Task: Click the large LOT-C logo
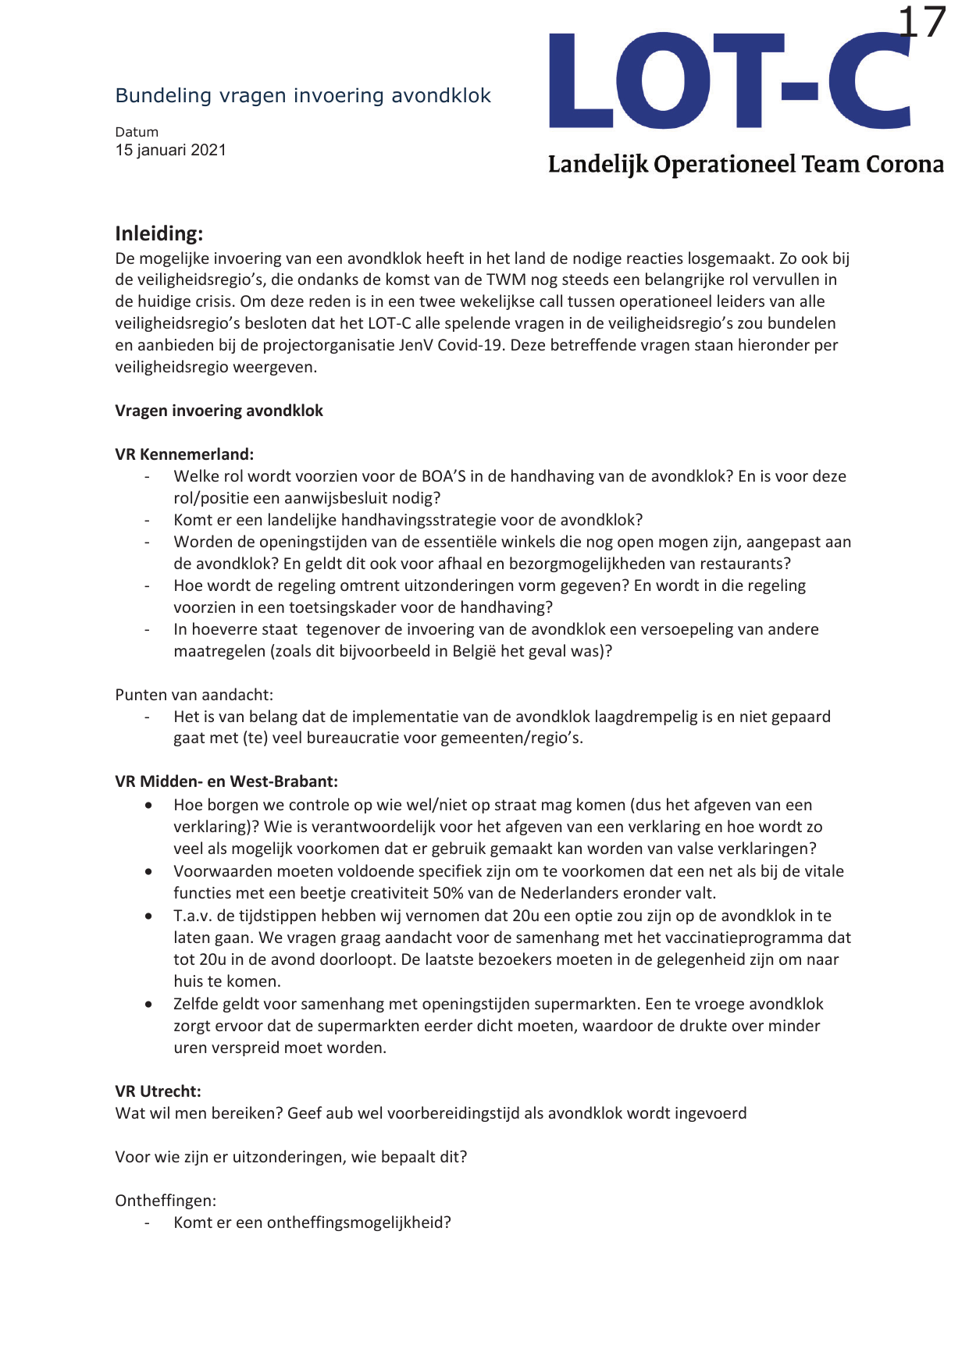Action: [729, 81]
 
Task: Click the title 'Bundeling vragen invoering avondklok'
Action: [303, 95]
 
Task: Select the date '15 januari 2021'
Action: [171, 150]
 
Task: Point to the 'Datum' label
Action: [137, 132]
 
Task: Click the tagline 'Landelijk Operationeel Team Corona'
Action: [746, 165]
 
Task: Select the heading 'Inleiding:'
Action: [159, 233]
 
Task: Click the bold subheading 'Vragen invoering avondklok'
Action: [219, 411]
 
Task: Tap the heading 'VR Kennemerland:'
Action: [184, 454]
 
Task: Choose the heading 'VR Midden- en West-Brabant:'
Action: [226, 781]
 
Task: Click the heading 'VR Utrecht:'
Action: [158, 1091]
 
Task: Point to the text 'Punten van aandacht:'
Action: [194, 695]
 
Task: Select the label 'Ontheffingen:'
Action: [166, 1201]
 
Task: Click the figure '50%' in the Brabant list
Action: [449, 893]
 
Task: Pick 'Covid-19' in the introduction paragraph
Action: [470, 345]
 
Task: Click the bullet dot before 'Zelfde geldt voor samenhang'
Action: [148, 1005]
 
